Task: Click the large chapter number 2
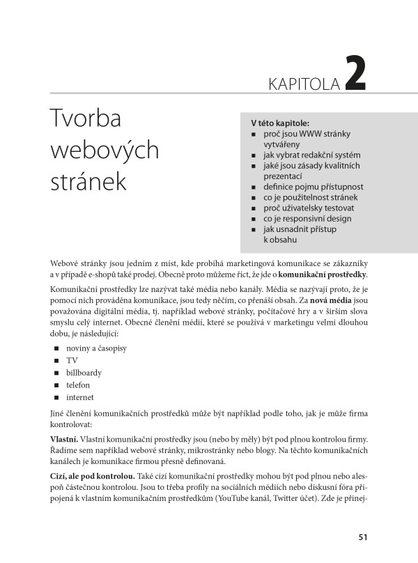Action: point(354,75)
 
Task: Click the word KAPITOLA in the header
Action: point(304,84)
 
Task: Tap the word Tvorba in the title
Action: point(86,119)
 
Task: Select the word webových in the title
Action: point(105,150)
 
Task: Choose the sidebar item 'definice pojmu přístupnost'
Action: point(313,187)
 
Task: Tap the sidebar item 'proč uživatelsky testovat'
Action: point(309,208)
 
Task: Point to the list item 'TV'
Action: point(72,360)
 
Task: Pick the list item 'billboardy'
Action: point(84,373)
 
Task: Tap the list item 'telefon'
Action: point(79,385)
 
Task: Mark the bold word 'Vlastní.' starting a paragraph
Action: point(64,440)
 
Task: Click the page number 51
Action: point(362,537)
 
